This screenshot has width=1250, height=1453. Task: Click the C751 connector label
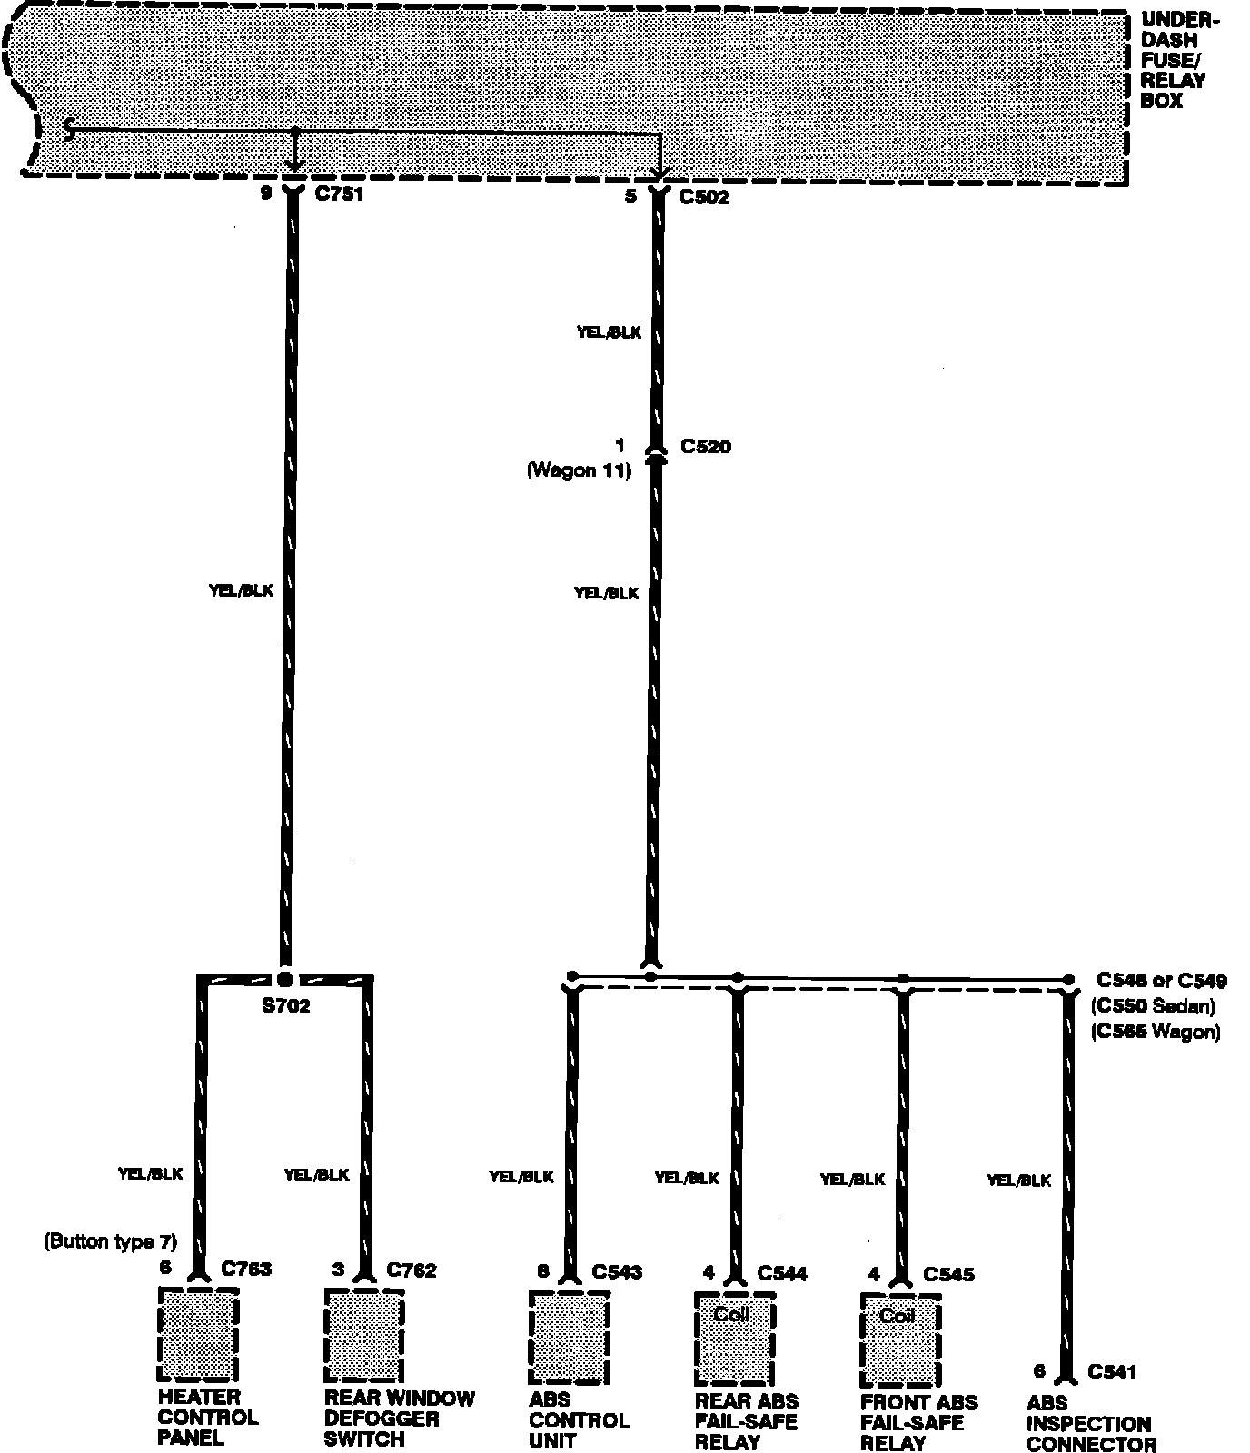(338, 194)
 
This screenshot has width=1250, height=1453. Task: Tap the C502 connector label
(704, 197)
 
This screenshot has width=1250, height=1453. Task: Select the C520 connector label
(705, 447)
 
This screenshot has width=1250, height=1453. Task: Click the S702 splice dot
(285, 979)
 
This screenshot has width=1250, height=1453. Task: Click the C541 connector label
(1112, 1372)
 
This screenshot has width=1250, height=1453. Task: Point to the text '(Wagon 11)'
(579, 470)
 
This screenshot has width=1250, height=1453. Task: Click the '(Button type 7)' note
(110, 1242)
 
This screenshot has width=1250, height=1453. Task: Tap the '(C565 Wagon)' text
(1156, 1032)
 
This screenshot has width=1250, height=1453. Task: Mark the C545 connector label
(948, 1275)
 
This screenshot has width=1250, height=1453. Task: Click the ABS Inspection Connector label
(1090, 1424)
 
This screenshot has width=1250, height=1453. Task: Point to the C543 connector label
(617, 1273)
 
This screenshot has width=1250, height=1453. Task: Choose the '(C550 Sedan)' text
(1152, 1006)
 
